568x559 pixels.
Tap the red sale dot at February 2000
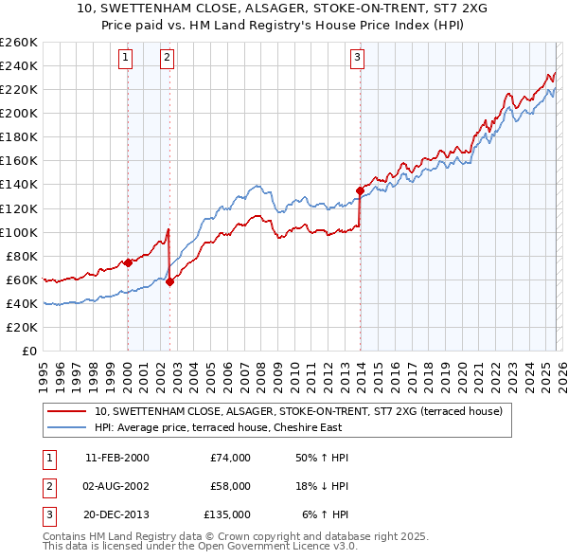click(128, 262)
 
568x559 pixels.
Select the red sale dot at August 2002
click(169, 281)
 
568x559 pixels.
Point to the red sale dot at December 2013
click(360, 190)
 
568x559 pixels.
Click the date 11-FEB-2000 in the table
click(116, 458)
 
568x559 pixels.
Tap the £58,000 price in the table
click(230, 486)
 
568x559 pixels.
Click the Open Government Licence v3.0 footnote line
click(201, 547)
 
